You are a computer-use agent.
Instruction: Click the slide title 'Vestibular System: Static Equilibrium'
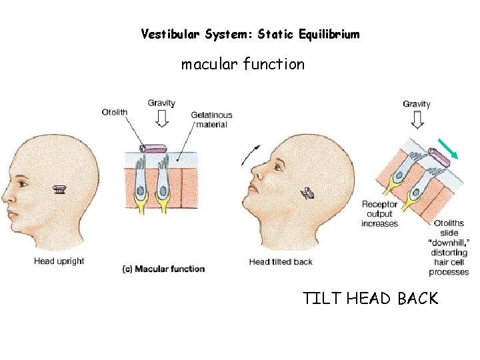(250, 34)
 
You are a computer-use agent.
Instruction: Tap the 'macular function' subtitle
(243, 65)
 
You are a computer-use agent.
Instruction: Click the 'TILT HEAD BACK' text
(371, 298)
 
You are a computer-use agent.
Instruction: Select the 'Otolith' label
(115, 111)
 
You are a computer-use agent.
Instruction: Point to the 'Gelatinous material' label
(211, 120)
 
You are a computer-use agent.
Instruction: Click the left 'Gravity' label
(161, 103)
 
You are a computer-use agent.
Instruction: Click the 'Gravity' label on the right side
(417, 104)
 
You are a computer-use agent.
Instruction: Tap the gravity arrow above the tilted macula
(417, 119)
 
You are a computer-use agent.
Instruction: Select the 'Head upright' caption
(59, 261)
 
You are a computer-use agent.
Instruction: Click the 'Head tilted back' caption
(280, 262)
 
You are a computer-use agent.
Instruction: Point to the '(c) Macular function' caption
(163, 269)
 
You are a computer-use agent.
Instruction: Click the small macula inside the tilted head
(308, 193)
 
